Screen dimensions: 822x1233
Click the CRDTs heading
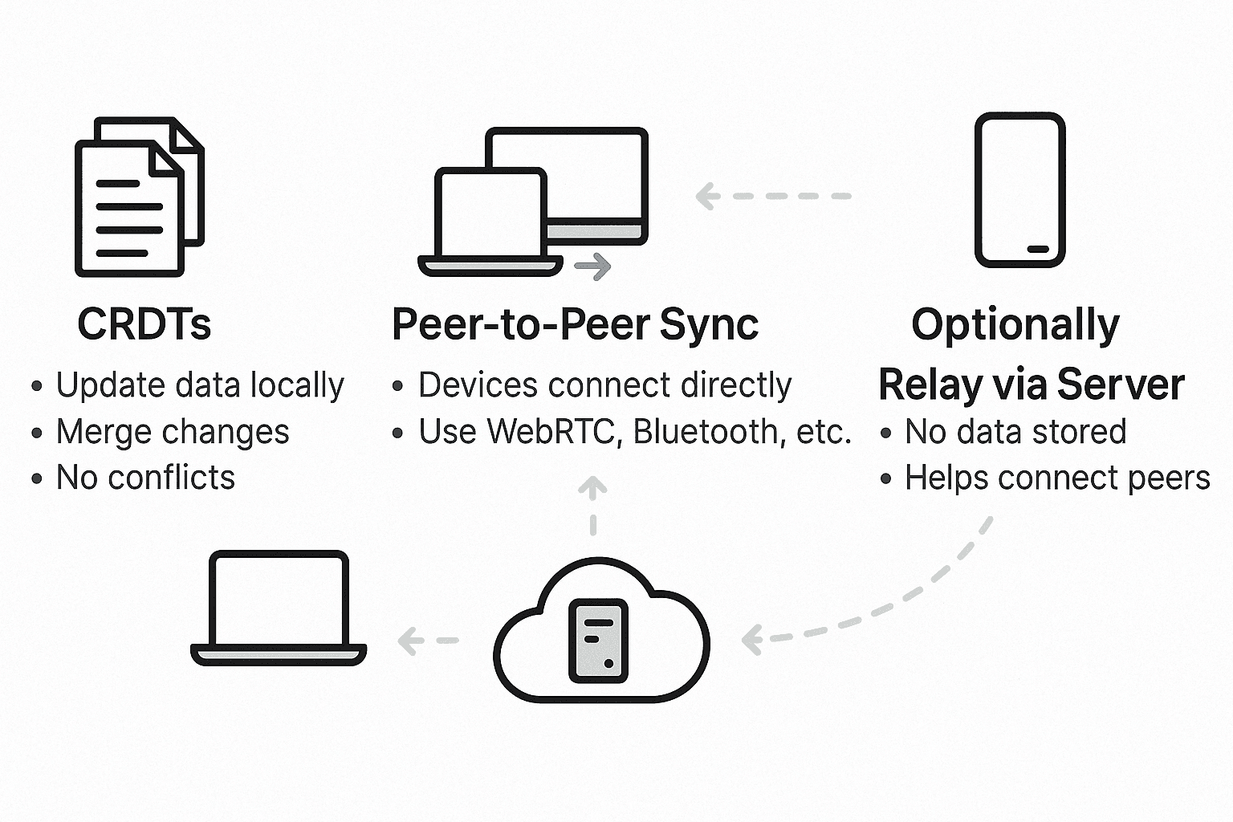click(x=144, y=324)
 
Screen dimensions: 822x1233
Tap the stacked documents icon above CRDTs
click(x=138, y=197)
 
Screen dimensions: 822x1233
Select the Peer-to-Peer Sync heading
click(x=575, y=324)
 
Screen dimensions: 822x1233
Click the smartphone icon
click(x=1019, y=189)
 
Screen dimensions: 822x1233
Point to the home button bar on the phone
click(x=1037, y=249)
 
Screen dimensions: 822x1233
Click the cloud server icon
click(x=600, y=634)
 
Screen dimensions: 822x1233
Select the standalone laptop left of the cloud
click(x=279, y=608)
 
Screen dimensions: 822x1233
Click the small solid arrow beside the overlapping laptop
click(x=593, y=267)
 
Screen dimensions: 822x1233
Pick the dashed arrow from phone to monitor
click(x=772, y=196)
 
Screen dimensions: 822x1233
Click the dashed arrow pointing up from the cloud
click(x=593, y=505)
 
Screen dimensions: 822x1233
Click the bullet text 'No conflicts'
click(x=145, y=478)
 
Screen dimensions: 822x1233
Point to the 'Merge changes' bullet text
click(x=173, y=432)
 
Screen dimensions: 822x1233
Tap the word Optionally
click(x=1015, y=324)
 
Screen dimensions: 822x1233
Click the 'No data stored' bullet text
click(x=1015, y=432)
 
